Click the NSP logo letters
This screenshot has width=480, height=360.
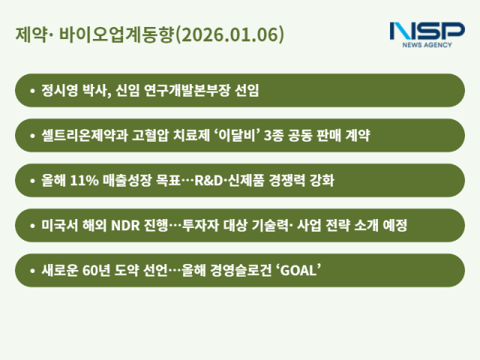point(427,31)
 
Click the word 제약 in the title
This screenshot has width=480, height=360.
point(29,35)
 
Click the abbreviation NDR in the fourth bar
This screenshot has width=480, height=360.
point(128,226)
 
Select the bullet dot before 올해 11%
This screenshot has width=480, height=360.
point(31,181)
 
